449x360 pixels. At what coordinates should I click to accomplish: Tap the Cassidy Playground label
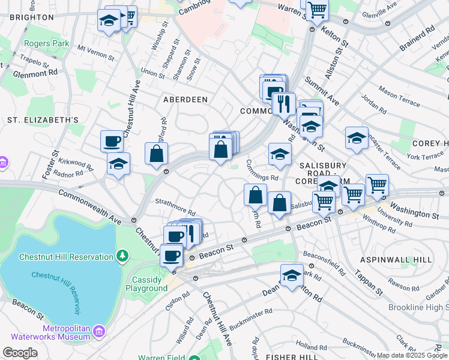(146, 284)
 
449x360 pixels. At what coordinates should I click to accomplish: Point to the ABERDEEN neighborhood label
(185, 99)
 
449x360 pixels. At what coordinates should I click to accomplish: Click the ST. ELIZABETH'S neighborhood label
(43, 120)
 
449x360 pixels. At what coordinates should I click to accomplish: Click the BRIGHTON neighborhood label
(31, 17)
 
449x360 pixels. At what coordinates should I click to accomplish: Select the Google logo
(20, 353)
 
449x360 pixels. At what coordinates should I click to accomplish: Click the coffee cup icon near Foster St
(112, 142)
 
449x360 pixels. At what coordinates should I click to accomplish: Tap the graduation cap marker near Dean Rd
(292, 275)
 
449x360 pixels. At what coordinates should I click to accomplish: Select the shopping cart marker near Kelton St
(316, 10)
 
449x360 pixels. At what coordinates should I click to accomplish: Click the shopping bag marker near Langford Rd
(156, 154)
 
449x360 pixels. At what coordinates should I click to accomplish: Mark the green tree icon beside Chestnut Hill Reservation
(122, 256)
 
